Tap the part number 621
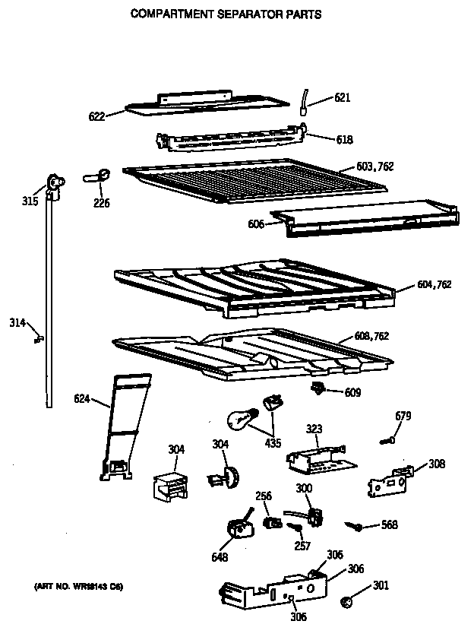[343, 97]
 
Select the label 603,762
[375, 166]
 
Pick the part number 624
[83, 398]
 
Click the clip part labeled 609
[318, 389]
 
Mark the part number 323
[314, 429]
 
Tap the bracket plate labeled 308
[392, 479]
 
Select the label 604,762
[434, 285]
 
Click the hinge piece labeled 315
[54, 182]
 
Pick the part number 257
[302, 547]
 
